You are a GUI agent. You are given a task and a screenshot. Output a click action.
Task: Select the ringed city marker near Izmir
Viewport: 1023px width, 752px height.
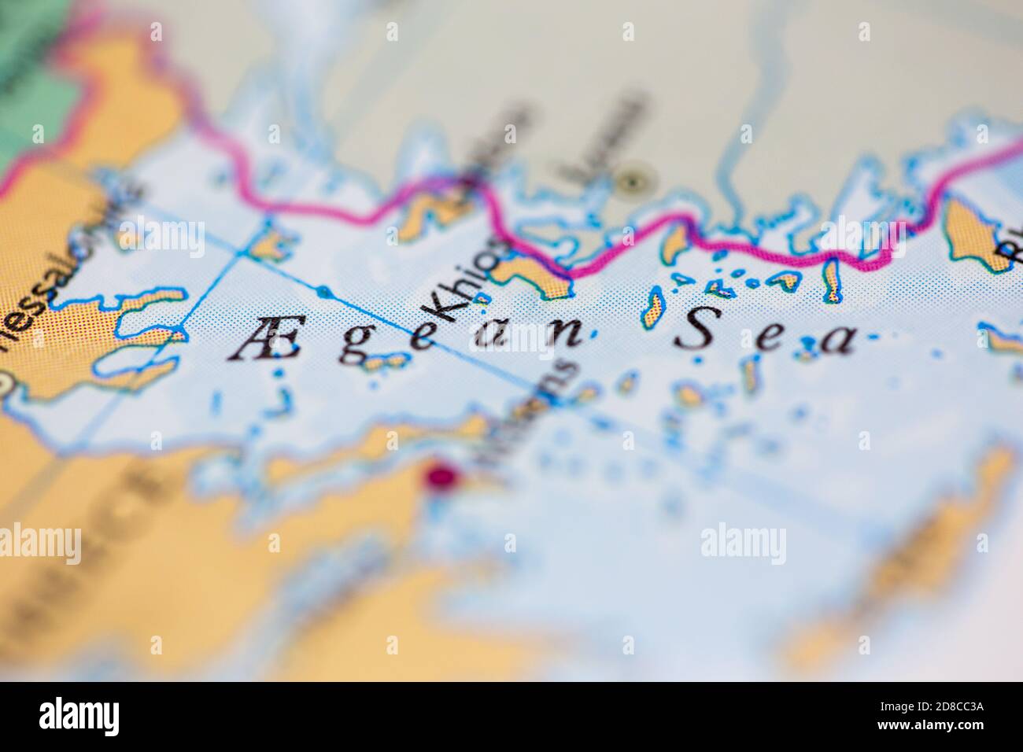[630, 182]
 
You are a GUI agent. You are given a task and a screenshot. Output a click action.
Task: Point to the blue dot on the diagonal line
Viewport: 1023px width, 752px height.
[322, 293]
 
